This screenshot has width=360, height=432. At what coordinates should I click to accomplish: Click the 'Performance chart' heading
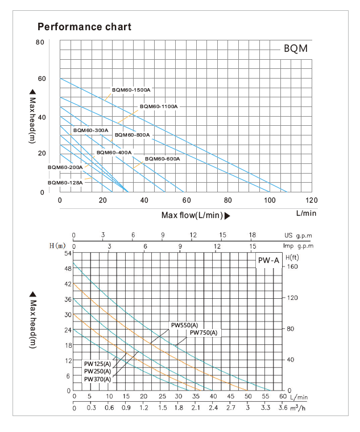coord(84,27)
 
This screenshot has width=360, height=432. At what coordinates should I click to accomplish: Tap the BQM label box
coord(295,49)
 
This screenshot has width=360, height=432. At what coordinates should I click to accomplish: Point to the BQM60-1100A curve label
coord(159,106)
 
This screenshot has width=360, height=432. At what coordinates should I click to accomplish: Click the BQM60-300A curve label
coord(90,130)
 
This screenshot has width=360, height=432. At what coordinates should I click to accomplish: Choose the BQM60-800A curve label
coord(132,135)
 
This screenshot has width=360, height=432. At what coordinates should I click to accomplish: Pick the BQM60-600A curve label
coord(162,159)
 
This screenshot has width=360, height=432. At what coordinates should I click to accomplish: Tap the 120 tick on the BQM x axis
coord(312,200)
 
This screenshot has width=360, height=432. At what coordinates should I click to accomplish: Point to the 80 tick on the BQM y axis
coord(40,42)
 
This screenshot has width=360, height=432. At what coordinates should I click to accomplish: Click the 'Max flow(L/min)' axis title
coord(192,215)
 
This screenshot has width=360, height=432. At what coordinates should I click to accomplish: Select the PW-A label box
coord(267,260)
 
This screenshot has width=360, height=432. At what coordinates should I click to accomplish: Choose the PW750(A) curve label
coord(204,332)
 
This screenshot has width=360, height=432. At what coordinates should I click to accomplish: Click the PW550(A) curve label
coord(185,325)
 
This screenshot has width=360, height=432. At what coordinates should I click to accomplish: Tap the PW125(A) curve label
coord(97,364)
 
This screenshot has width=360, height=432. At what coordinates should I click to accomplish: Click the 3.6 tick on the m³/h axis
coord(283,408)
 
